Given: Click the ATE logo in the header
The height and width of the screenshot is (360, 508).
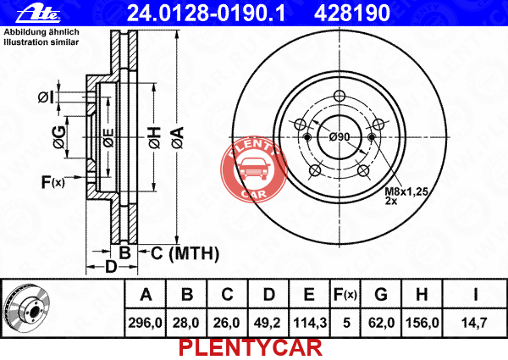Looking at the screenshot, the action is [x=38, y=14].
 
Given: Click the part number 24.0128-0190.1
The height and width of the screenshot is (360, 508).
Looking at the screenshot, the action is [x=207, y=13].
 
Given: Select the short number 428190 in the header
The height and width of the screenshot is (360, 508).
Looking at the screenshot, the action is [x=352, y=13].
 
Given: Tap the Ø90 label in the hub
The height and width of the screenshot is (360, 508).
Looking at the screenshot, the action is [x=340, y=137].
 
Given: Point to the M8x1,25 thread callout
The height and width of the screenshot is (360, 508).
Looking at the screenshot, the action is [x=406, y=191].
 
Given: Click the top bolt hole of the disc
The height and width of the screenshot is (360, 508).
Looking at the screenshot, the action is [x=340, y=96].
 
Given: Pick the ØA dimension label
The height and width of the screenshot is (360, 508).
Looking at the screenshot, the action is [x=178, y=137].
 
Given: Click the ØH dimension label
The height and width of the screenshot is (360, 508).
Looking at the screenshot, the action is [x=155, y=137].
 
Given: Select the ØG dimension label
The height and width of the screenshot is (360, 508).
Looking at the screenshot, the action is [x=59, y=137].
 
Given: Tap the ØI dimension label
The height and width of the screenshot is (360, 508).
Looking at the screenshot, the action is [x=46, y=97].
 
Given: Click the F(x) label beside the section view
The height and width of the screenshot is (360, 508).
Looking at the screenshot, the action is [x=53, y=182].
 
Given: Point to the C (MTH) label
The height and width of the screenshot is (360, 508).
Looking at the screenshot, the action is [x=185, y=253].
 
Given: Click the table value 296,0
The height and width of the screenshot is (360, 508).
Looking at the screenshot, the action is [x=145, y=323].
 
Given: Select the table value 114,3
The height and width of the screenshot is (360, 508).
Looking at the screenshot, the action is [x=310, y=323].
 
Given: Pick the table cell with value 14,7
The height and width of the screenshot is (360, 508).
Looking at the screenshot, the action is [x=474, y=323].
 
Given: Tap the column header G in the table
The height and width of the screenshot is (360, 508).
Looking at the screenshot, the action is [x=381, y=295].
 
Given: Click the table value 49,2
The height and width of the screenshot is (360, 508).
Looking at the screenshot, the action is [x=268, y=323].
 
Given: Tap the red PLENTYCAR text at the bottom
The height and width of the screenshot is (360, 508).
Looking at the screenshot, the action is [x=251, y=348].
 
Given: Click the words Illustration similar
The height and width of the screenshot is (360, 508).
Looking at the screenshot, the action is [x=41, y=42].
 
